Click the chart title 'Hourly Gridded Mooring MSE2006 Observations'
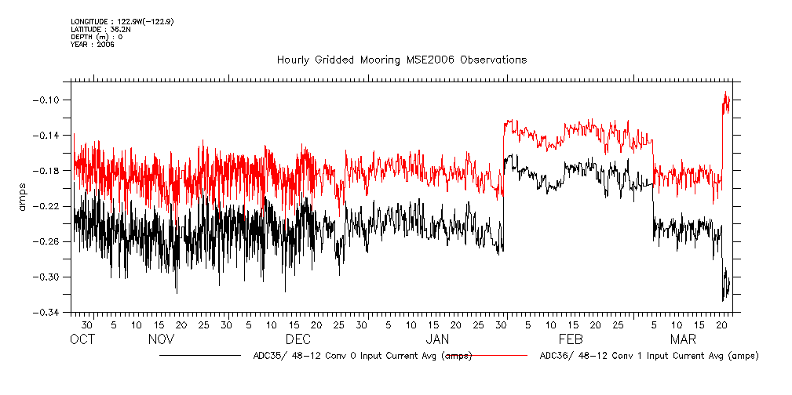coord(401,60)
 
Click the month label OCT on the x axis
coord(82,339)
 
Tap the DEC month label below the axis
coord(298,339)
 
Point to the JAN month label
coord(437,339)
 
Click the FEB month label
coord(570,339)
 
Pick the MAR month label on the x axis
coord(684,339)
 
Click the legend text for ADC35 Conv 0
coord(363,356)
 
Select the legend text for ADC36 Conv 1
coord(650,356)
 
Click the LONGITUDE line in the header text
coord(122,21)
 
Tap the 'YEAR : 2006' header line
coord(93,45)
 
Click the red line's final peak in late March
coord(726,92)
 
